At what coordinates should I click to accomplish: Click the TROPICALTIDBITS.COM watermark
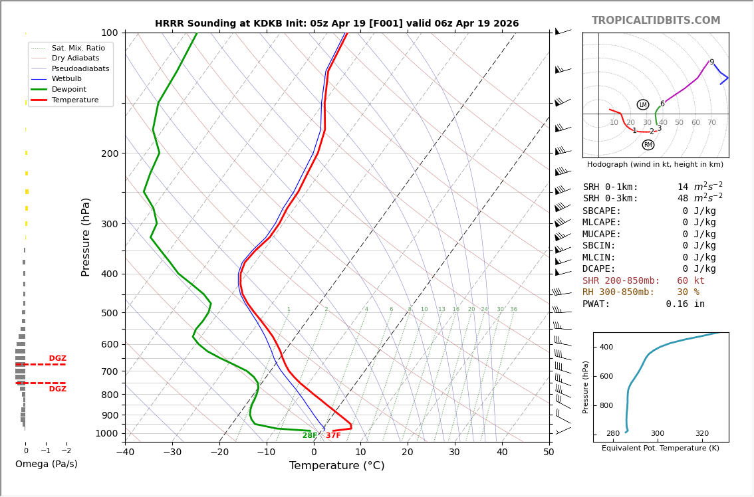coord(656,21)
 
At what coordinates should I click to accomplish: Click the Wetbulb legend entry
coord(66,78)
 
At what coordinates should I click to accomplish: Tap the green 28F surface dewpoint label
coord(310,435)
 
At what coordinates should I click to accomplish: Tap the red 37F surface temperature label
coord(333,435)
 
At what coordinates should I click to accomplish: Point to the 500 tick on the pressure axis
coord(110,313)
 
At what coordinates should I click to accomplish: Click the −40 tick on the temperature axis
coord(125,453)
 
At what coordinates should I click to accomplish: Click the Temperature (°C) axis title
coord(336,466)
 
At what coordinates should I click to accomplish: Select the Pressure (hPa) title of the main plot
coord(86,237)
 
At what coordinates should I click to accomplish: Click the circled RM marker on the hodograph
coord(648,145)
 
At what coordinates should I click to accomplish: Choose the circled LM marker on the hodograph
coord(643,104)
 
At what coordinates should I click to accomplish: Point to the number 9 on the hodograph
coord(711,62)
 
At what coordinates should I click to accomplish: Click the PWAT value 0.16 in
coord(685,304)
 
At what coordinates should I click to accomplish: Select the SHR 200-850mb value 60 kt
coord(691,281)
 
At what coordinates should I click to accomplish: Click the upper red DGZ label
coord(57,359)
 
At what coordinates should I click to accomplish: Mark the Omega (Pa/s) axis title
coord(46,464)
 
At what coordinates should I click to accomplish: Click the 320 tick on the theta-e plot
coord(701,434)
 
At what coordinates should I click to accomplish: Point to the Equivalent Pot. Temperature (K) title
coord(661,448)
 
